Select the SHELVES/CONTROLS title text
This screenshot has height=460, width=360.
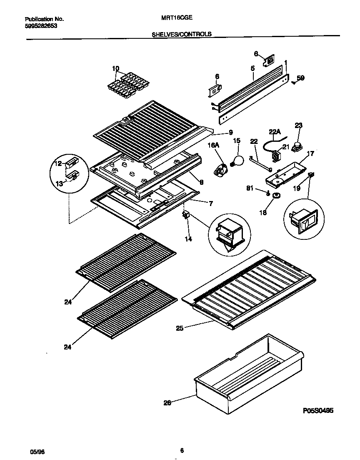tap(182, 35)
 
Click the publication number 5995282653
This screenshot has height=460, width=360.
tap(41, 25)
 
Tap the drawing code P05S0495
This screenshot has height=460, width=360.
tap(318, 411)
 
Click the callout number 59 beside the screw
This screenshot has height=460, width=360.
tap(300, 78)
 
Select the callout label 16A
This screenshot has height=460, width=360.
tap(213, 145)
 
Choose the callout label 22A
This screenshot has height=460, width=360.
tap(274, 132)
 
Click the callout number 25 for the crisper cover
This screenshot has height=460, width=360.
tap(180, 328)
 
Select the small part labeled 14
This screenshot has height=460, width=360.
tap(186, 215)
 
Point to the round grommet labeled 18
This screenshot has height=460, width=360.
tap(276, 196)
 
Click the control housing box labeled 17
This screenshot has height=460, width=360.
tap(284, 172)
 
